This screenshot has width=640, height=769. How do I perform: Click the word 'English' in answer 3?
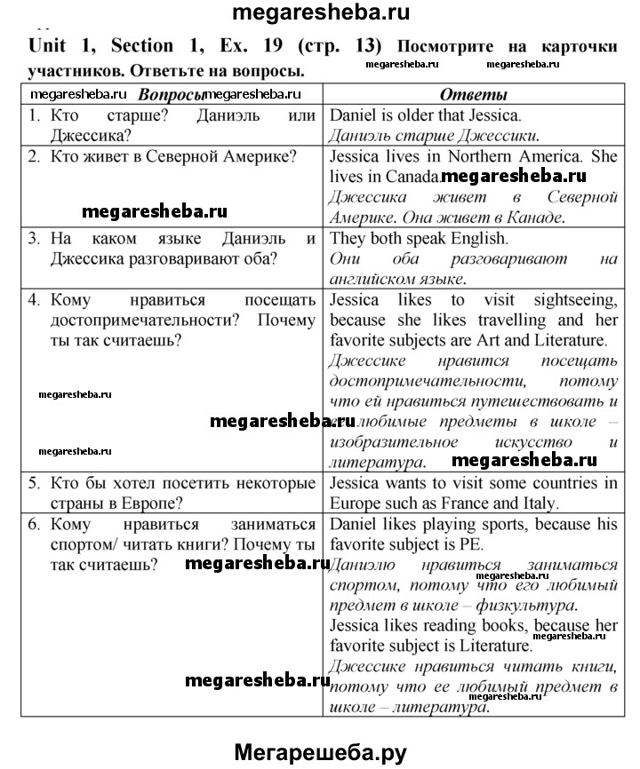[476, 238]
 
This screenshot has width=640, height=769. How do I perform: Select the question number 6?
[34, 524]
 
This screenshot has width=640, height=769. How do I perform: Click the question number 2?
[34, 156]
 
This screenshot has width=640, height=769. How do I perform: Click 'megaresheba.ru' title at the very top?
[321, 12]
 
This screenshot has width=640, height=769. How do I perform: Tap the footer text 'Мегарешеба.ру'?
[321, 752]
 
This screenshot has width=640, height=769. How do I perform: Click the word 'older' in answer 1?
[429, 115]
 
